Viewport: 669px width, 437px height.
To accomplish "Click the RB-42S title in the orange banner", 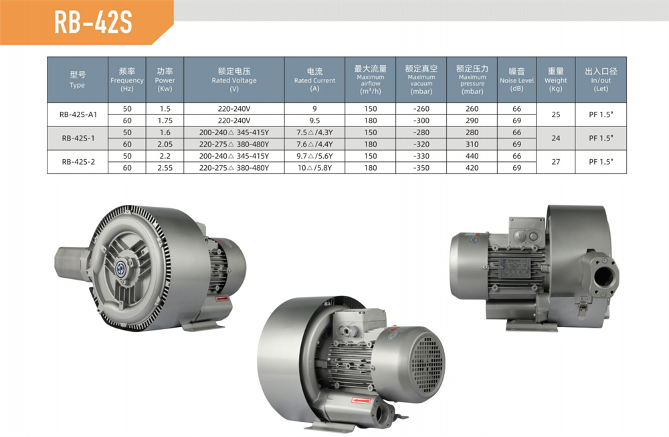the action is [93, 22].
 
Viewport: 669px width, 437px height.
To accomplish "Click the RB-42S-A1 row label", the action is [78, 114].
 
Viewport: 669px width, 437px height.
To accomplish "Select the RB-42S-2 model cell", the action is [78, 162].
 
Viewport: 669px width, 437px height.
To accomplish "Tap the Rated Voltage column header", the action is [233, 80].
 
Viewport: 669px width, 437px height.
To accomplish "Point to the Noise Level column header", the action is [516, 80].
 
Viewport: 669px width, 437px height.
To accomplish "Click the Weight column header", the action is [555, 80].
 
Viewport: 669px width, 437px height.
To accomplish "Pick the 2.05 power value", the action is [165, 145].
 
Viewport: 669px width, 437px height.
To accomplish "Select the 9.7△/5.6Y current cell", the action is [314, 156].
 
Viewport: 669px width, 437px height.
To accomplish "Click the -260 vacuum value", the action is [421, 109].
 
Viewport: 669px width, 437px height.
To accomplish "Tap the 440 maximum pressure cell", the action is [472, 156].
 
